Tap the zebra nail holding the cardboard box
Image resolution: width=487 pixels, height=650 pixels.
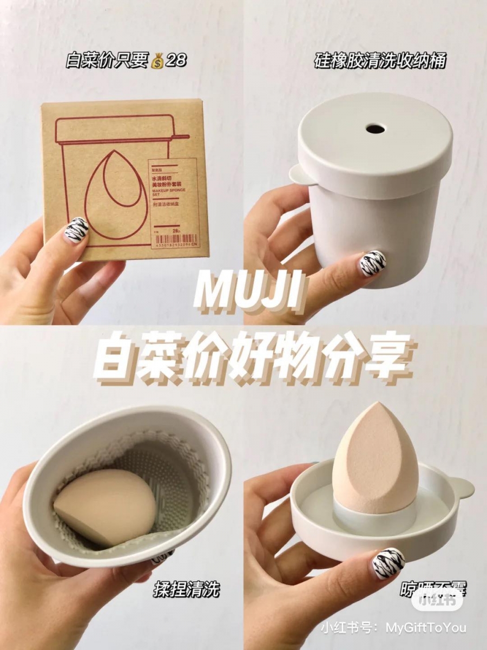(77, 230)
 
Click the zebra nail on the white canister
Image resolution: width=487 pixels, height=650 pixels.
(373, 262)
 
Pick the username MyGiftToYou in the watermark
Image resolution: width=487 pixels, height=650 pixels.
(426, 628)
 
